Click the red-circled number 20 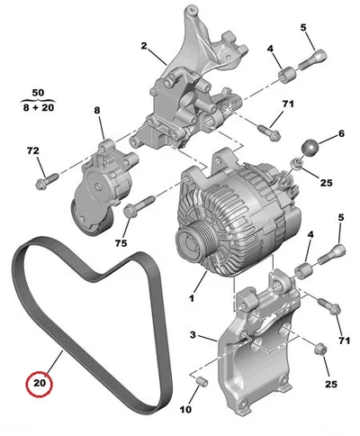(39, 383)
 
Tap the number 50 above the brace (38, 93)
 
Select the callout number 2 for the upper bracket (144, 46)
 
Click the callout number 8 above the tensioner (97, 110)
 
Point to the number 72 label (33, 150)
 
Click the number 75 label (121, 243)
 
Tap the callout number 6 (341, 133)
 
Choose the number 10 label (185, 409)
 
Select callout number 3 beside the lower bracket (193, 334)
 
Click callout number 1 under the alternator (192, 298)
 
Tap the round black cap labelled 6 (310, 148)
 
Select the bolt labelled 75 (139, 205)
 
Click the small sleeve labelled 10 (202, 382)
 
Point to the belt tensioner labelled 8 (102, 188)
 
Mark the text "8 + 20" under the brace (39, 107)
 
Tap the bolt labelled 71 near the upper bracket (269, 132)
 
